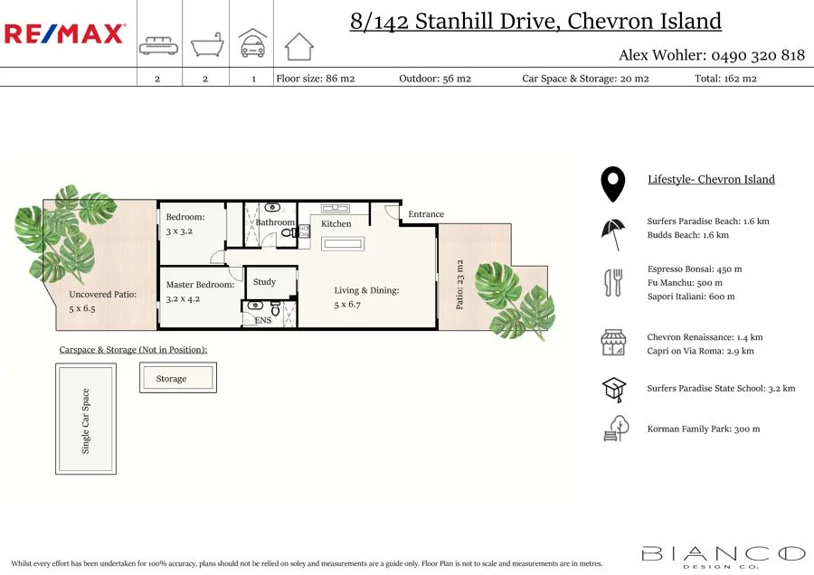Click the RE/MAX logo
(65, 34)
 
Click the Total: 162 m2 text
(725, 79)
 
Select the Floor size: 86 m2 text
(315, 79)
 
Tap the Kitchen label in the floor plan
(336, 223)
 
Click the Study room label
(264, 282)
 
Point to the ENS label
(262, 320)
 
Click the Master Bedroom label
(200, 285)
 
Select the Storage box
(177, 378)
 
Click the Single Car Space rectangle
(86, 419)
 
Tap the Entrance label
(426, 214)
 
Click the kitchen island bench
(344, 243)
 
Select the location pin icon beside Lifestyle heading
(613, 184)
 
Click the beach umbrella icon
(613, 233)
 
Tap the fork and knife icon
(613, 283)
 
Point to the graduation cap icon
(614, 389)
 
